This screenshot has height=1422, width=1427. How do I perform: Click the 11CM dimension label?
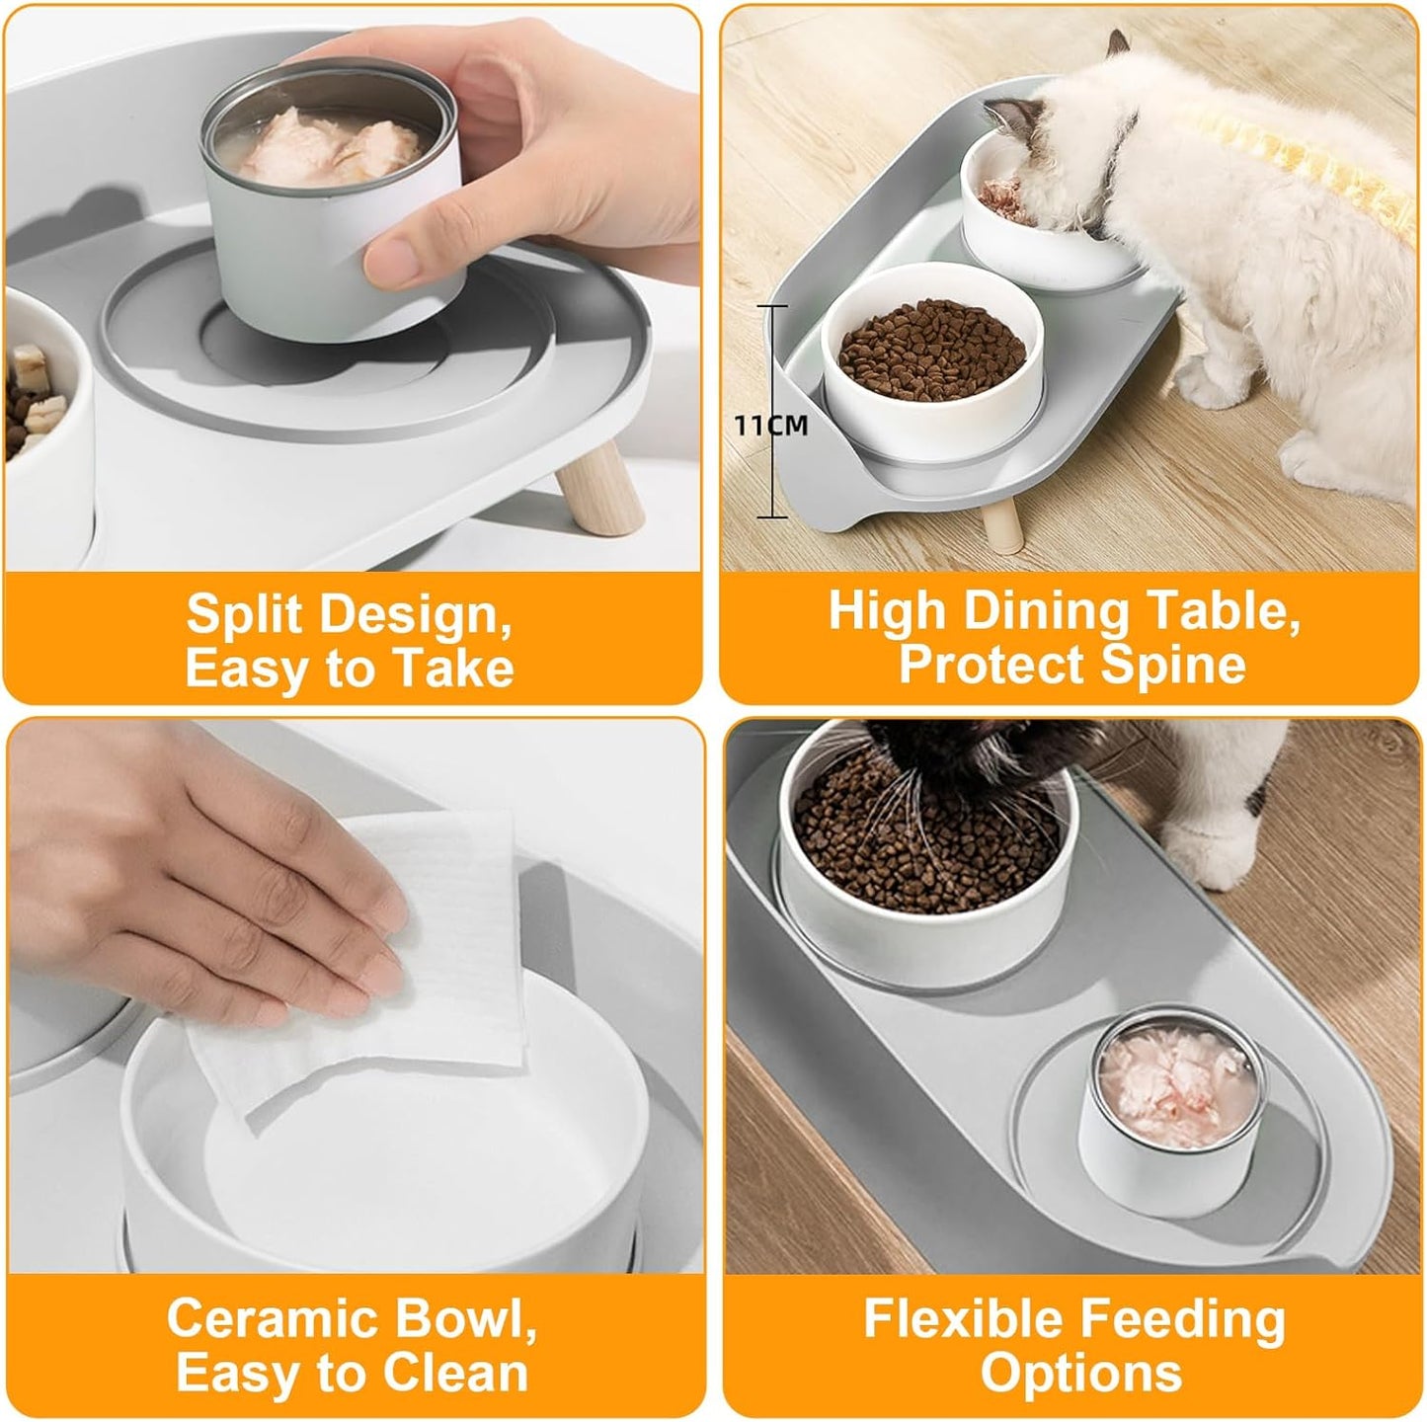pos(770,426)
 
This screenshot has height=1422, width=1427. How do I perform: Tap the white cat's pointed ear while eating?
pos(1118,47)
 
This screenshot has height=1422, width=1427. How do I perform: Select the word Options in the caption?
pos(1081,1373)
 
